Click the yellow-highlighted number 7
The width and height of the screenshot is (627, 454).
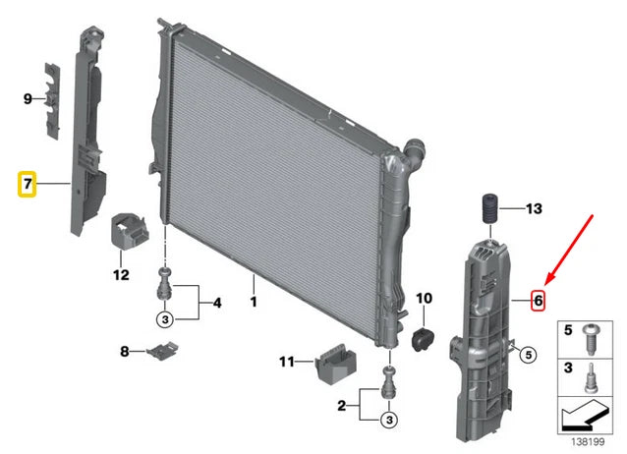click(x=27, y=184)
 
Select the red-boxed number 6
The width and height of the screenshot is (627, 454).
click(x=539, y=300)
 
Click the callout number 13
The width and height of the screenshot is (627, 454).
click(x=534, y=208)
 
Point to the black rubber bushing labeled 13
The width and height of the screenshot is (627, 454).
click(x=488, y=208)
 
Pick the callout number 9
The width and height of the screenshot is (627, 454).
click(x=28, y=98)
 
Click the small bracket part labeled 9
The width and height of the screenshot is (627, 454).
click(x=52, y=101)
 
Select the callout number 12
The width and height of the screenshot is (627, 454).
click(x=121, y=275)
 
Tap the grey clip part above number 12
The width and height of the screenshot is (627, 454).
click(x=129, y=231)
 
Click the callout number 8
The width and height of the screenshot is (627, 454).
click(x=125, y=351)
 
